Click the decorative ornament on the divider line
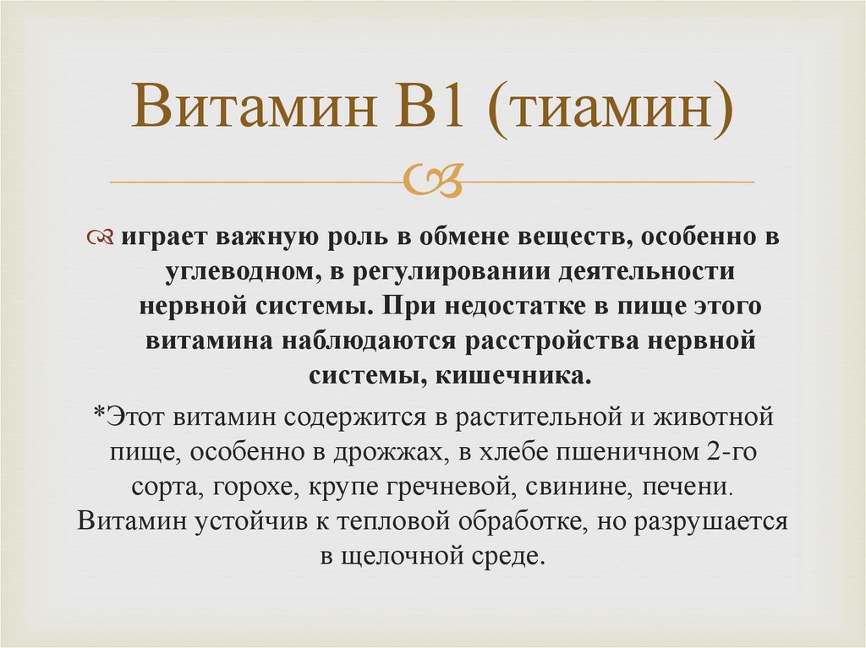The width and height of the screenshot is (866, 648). [432, 180]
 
